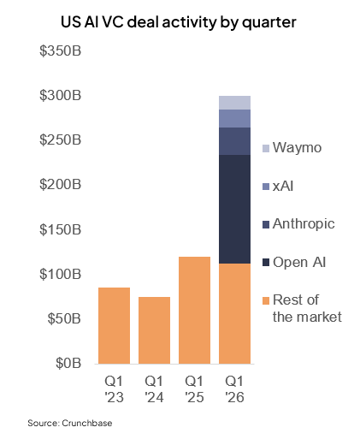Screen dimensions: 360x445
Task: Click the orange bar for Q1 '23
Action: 114,325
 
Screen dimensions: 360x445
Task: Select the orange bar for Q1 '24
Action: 154,330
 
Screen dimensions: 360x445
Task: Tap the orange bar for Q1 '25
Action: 194,310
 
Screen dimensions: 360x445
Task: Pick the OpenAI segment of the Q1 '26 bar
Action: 234,209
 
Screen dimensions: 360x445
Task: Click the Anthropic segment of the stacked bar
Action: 234,141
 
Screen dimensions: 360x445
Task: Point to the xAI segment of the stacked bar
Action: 234,118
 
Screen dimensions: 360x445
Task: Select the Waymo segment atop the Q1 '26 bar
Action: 234,103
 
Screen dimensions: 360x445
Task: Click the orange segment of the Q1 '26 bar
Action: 234,313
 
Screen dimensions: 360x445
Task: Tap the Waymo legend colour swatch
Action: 266,148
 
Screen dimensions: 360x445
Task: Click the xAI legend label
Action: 283,187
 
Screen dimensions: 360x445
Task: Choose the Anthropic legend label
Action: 304,224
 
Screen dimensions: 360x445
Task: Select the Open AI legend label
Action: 299,263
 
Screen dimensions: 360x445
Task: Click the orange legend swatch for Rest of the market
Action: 266,300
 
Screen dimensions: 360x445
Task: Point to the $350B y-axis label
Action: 61,50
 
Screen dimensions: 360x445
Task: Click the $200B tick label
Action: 61,185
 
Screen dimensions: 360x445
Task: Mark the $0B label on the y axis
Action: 68,363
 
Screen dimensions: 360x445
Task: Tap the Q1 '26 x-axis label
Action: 234,389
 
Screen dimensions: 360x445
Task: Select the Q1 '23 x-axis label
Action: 114,389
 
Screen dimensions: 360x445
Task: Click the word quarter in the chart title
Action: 269,23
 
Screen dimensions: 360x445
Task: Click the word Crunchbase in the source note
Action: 87,423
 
